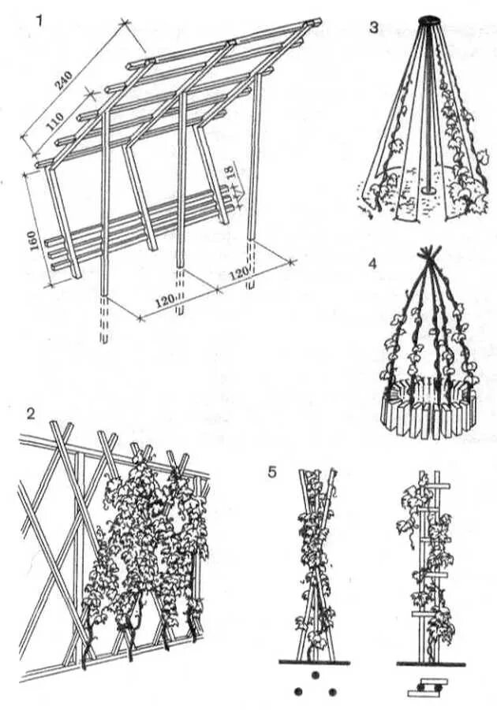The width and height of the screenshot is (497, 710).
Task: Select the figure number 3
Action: point(373,28)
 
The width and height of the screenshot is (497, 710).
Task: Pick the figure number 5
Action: point(272,473)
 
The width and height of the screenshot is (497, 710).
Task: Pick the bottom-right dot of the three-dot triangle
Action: point(332,692)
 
